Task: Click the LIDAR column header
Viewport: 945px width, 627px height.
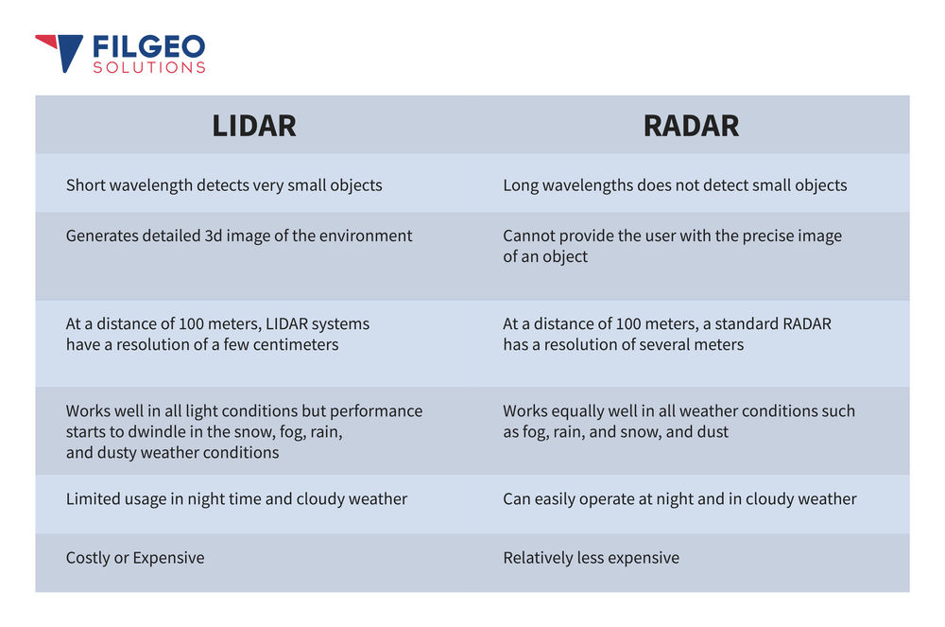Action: pyautogui.click(x=253, y=126)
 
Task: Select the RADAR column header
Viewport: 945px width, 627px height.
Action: pyautogui.click(x=691, y=126)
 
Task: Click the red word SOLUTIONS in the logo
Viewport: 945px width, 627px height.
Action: pyautogui.click(x=148, y=68)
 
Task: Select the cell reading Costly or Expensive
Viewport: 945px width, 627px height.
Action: pyautogui.click(x=135, y=558)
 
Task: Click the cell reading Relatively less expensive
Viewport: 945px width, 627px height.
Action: pyautogui.click(x=591, y=558)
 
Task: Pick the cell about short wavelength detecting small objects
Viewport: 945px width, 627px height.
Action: pyautogui.click(x=224, y=185)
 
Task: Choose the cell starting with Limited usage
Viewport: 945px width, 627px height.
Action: pyautogui.click(x=236, y=498)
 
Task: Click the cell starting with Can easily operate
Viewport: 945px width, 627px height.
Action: pyautogui.click(x=679, y=498)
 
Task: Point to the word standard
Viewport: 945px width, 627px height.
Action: pyautogui.click(x=741, y=323)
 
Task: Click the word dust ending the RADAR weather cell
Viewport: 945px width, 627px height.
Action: pyautogui.click(x=711, y=432)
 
